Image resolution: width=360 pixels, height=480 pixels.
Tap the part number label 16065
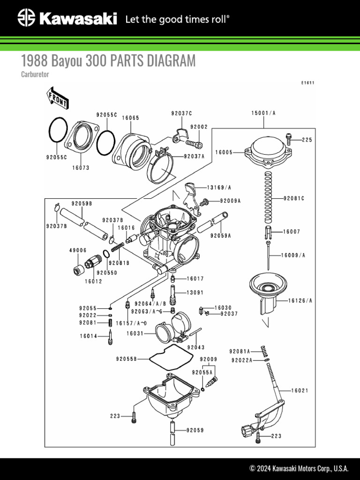pos(130,118)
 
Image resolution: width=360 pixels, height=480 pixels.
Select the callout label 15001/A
pos(263,113)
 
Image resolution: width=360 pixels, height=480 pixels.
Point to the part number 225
pos(306,140)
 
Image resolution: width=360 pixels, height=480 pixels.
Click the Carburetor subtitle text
pos(35,74)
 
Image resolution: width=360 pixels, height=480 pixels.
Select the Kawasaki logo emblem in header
pos(26,19)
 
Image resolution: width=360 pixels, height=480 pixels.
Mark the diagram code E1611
pos(307,83)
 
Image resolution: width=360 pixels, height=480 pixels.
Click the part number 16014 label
pos(88,336)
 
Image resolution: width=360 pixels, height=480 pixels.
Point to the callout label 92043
pos(195,347)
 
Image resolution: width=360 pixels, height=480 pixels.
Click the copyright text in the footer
pos(299,468)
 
